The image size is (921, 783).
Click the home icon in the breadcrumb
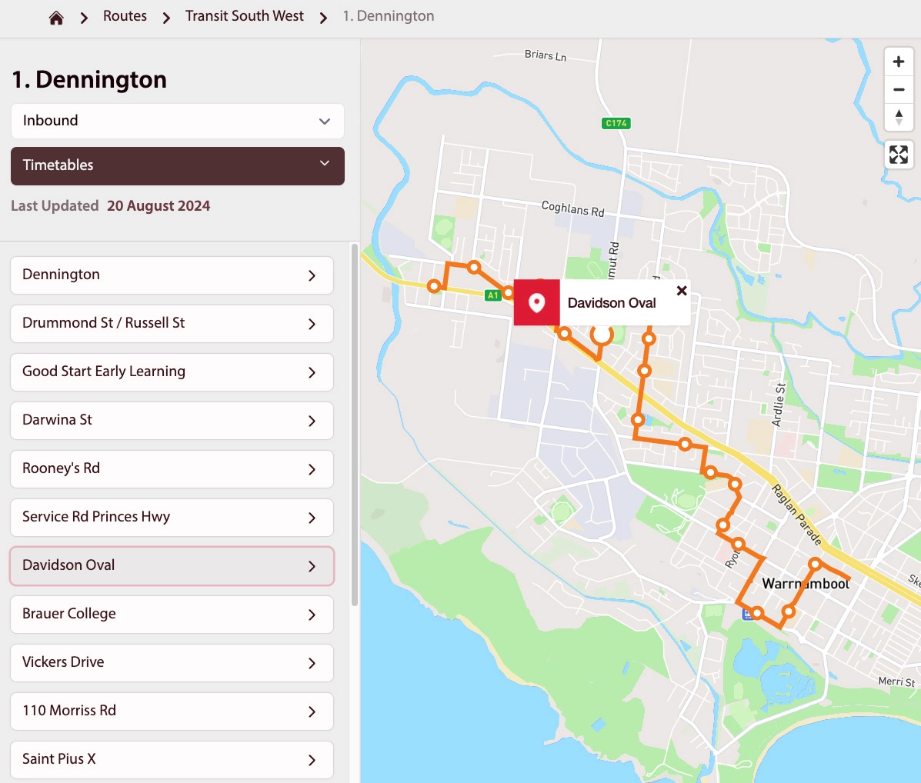(56, 18)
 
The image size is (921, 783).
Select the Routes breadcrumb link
(125, 16)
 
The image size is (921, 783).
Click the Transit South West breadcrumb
(244, 16)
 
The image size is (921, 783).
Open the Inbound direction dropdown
(177, 121)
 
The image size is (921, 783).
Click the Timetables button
(177, 165)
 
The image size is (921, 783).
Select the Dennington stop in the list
(172, 275)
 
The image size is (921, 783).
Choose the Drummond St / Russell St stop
(172, 324)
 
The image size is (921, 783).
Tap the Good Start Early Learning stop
(172, 372)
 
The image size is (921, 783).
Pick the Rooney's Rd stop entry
(172, 469)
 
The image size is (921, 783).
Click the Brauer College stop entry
(172, 615)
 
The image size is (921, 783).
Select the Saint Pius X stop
(172, 760)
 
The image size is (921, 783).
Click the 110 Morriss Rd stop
(172, 711)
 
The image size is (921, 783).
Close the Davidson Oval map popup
(682, 291)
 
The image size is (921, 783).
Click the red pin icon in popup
(536, 303)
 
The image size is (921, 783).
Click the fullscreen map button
(898, 155)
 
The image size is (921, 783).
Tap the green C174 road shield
(616, 123)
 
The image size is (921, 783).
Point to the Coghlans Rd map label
(572, 208)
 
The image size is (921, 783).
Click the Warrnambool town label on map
(806, 584)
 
